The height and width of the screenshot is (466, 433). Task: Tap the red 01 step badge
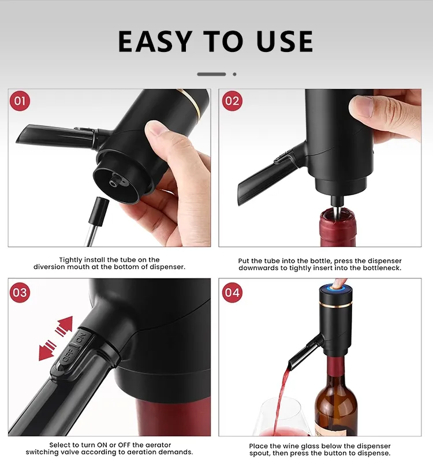click(20, 102)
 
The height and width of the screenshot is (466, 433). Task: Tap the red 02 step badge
click(232, 102)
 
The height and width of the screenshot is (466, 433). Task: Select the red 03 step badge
click(20, 292)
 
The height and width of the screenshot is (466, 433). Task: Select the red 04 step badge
click(232, 292)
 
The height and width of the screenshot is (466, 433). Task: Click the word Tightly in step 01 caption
click(72, 260)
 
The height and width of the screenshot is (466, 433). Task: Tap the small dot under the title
click(234, 74)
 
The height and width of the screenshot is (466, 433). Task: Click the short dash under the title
click(211, 74)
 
